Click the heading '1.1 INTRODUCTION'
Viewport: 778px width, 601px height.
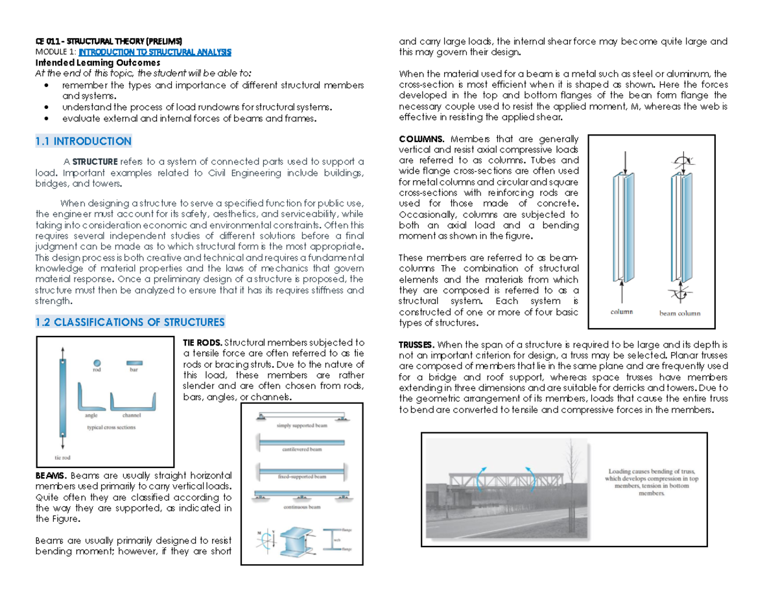click(83, 141)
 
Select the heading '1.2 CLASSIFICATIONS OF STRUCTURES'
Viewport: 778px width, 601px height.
click(130, 322)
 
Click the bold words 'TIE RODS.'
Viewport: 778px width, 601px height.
click(203, 342)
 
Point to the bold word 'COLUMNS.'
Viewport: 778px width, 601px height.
click(422, 139)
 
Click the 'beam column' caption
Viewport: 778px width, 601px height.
click(679, 313)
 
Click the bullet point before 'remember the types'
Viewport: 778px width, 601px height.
click(44, 86)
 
